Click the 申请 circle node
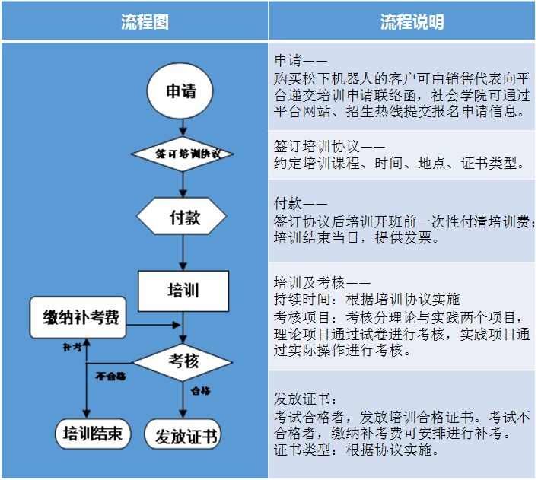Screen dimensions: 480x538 (181, 92)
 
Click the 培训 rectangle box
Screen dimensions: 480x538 (183, 290)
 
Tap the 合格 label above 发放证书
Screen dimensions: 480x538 (201, 391)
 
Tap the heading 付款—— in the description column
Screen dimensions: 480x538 (300, 203)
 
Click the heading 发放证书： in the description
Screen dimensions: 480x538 (304, 399)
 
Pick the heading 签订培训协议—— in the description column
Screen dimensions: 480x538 (329, 145)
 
